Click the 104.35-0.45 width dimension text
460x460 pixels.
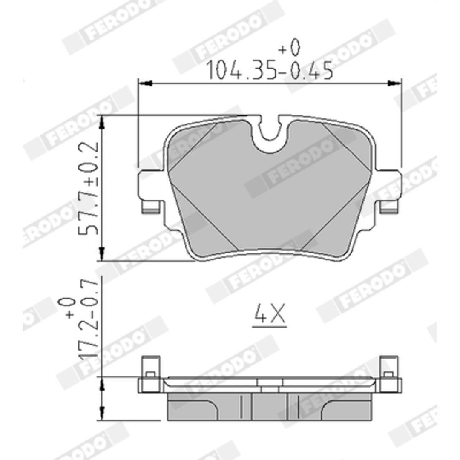click(x=270, y=71)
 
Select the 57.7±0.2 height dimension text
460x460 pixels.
click(x=88, y=188)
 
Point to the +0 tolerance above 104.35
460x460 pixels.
click(x=289, y=48)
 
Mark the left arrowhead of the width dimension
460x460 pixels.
click(x=145, y=84)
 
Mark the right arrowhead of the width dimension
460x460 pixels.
click(x=394, y=84)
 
